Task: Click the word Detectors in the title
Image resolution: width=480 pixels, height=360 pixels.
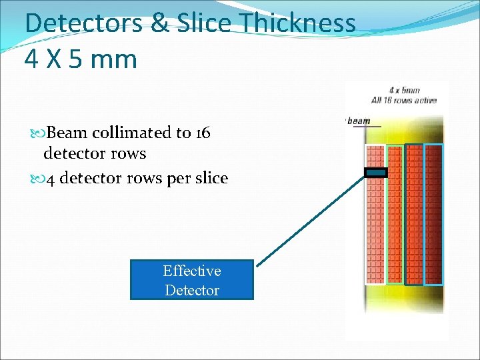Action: [83, 23]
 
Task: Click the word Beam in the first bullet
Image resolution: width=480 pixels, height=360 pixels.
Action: [73, 133]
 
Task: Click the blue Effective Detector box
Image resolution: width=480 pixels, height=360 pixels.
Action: [192, 280]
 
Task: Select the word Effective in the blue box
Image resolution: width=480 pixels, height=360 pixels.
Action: [192, 271]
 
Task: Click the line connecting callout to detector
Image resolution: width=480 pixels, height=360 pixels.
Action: [310, 220]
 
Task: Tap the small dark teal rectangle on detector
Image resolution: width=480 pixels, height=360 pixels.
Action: [375, 173]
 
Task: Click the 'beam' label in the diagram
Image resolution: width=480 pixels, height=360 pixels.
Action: [359, 121]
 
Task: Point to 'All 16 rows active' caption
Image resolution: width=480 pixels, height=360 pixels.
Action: [413, 101]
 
